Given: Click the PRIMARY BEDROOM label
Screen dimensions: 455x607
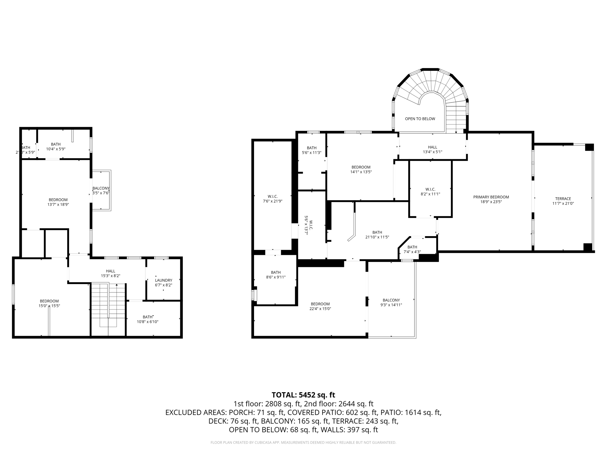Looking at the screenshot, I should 491,197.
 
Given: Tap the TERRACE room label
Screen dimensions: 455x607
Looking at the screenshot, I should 563,199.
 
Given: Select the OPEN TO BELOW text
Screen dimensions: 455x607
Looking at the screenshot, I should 420,119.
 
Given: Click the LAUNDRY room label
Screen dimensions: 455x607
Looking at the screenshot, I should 163,280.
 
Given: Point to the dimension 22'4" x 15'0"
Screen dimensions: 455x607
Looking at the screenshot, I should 320,309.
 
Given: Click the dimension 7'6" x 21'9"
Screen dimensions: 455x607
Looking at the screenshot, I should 272,201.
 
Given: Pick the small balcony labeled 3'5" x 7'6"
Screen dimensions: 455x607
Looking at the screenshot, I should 101,190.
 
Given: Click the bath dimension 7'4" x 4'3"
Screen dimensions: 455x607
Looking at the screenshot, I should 412,252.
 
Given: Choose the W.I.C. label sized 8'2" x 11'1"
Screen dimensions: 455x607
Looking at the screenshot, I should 430,192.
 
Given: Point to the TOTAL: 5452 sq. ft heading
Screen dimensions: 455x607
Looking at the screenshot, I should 303,395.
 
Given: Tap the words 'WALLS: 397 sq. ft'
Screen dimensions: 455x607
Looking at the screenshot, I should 349,430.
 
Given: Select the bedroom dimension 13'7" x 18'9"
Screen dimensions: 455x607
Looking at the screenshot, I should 58,204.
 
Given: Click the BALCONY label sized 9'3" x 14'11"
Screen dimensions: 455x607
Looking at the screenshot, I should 391,302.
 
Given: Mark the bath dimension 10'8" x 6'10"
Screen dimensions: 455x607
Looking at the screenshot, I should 147,322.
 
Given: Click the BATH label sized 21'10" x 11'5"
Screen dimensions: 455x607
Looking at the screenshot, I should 377,235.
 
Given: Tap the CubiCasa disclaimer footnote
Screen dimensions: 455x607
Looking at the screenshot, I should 303,443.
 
